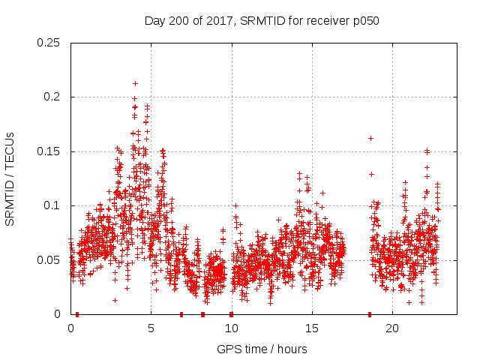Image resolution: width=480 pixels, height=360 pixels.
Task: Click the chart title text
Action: [262, 21]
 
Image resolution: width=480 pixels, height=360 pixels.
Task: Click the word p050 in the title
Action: [364, 21]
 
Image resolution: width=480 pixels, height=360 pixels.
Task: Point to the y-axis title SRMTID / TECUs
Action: [10, 178]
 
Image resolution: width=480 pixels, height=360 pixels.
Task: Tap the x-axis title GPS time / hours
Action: [262, 349]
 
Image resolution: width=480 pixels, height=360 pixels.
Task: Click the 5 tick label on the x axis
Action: [151, 328]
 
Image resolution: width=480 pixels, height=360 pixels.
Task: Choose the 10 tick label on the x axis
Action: [231, 328]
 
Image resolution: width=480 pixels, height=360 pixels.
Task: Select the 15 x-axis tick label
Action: [311, 328]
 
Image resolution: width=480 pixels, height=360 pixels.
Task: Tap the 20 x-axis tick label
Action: [391, 328]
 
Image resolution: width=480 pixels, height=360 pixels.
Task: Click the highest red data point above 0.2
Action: [135, 83]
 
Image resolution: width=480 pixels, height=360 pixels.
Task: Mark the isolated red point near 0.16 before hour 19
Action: [370, 138]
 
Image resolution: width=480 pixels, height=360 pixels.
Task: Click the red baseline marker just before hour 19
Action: [370, 314]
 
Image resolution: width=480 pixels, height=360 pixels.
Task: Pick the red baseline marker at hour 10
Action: [231, 314]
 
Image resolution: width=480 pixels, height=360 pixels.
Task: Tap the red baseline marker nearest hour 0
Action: [77, 314]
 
